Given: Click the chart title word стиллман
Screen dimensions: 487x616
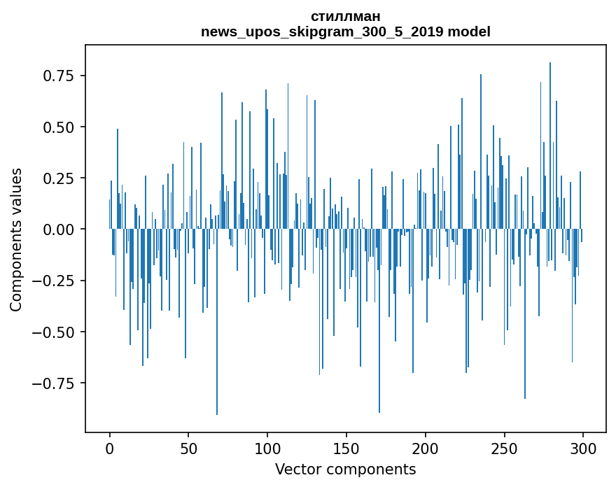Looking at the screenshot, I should [x=346, y=17].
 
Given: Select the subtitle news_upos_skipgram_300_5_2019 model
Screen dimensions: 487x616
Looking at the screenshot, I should [x=346, y=32].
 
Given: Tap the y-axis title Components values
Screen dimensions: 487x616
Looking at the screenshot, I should [x=16, y=239].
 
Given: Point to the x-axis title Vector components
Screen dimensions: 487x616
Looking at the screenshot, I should [x=346, y=469].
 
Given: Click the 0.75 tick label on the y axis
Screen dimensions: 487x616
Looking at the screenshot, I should [x=63, y=76].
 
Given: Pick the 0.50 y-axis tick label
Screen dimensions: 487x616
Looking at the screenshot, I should [x=63, y=127].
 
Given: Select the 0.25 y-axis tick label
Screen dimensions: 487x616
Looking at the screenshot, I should [x=63, y=178].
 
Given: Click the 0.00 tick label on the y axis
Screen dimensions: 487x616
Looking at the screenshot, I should [x=63, y=229].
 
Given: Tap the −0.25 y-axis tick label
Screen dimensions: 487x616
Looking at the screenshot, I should [x=59, y=281].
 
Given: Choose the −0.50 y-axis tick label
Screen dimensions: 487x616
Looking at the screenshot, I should [x=59, y=332].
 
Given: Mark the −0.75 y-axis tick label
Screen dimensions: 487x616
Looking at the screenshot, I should [x=59, y=383].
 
